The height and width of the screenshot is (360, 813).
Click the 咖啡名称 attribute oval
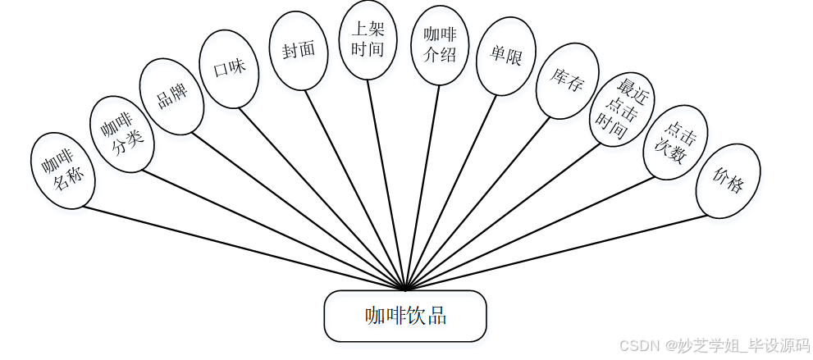[63, 171]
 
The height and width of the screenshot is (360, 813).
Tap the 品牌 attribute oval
[171, 96]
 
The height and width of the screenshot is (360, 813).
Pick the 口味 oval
[230, 69]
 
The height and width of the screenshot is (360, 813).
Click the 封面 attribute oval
[299, 50]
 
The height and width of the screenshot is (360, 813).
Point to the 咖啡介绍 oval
[440, 45]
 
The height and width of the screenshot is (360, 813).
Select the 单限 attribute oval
[506, 57]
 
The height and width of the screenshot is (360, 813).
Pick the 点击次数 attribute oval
[675, 142]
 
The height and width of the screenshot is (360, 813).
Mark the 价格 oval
[728, 180]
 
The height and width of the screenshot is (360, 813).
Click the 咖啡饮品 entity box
[405, 316]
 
